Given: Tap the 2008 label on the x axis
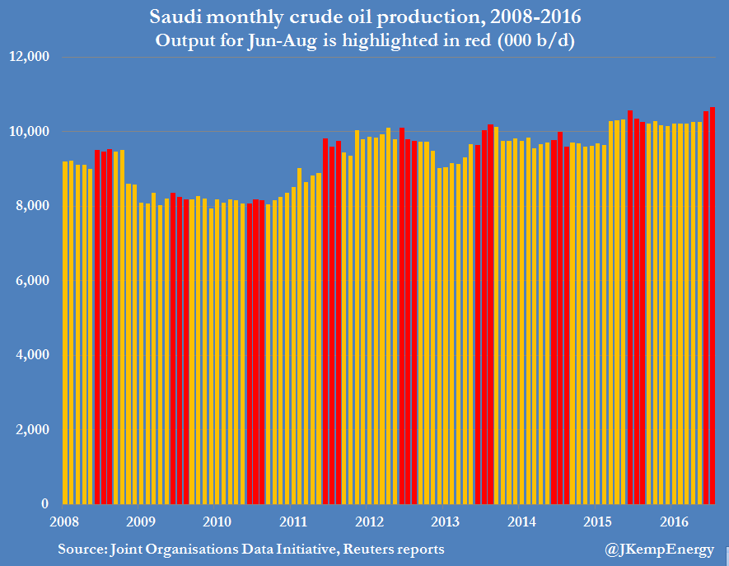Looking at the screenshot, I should tap(64, 522).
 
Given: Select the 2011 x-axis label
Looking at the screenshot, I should tap(293, 522).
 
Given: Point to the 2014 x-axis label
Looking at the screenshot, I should tap(521, 522).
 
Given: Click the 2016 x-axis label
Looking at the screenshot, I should tap(674, 522).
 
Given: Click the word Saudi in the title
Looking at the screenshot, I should tap(175, 16).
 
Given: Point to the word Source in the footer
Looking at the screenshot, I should tap(81, 549).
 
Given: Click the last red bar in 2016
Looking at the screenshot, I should tap(713, 305).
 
